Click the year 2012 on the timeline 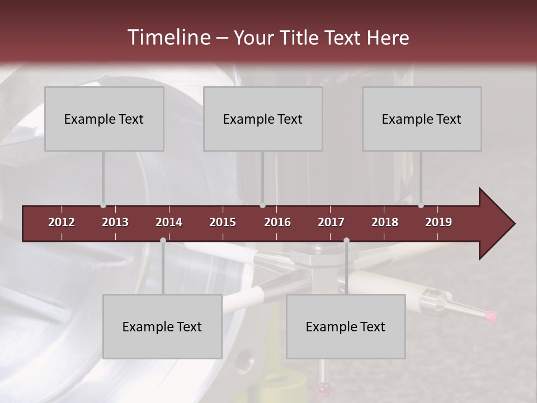point(62,222)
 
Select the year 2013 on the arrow point(115,222)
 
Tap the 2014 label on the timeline point(169,222)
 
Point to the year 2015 point(223,222)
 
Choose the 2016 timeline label point(277,222)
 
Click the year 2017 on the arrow point(331,222)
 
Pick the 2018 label point(385,222)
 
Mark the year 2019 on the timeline point(439,222)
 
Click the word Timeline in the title point(168,38)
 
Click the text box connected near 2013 point(104,119)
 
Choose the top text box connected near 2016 point(263,119)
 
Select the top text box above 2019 point(422,119)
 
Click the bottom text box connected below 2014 point(162,326)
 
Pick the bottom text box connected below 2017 point(346,326)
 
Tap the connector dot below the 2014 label point(163,240)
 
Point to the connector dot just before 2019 point(421,205)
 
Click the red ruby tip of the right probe point(492,316)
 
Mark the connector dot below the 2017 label point(346,240)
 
